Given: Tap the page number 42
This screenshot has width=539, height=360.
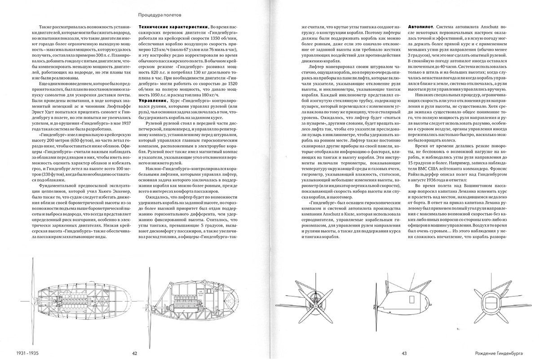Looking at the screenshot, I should pyautogui.click(x=134, y=353).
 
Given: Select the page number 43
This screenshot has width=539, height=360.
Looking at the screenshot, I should pyautogui.click(x=404, y=353).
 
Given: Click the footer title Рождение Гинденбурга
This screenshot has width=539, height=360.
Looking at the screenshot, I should pyautogui.click(x=507, y=353).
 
